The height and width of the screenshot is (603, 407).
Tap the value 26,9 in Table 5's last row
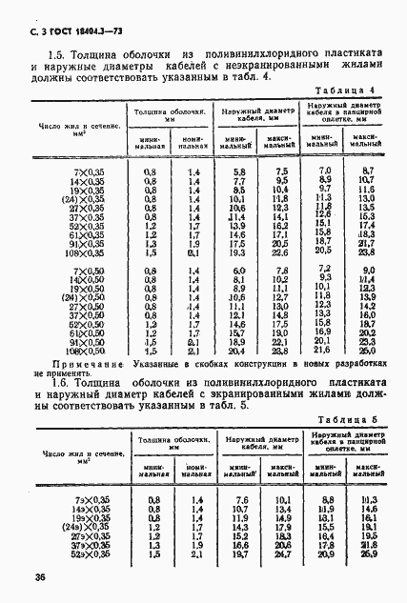pos(370,553)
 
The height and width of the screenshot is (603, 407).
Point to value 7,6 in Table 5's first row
pos(240,499)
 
